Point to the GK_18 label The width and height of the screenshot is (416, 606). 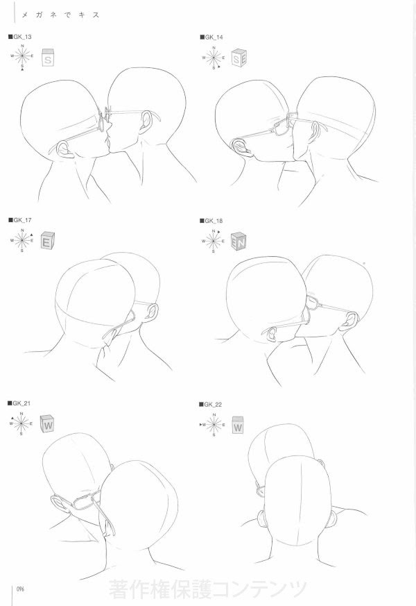coord(212,220)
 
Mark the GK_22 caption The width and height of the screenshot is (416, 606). coord(212,403)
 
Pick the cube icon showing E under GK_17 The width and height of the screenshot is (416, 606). coord(46,242)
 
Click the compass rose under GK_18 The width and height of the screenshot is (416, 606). coord(214,241)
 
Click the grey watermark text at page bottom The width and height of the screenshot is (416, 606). coord(207,589)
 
